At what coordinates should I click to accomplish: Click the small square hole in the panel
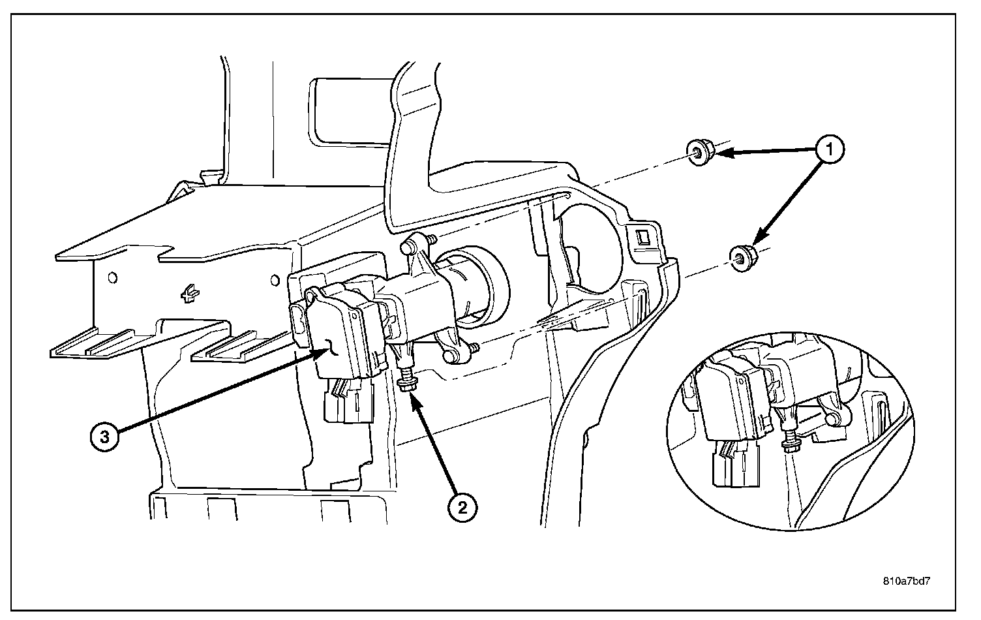642,236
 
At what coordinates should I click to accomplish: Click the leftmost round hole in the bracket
113,278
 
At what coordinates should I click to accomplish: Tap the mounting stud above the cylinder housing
408,247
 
